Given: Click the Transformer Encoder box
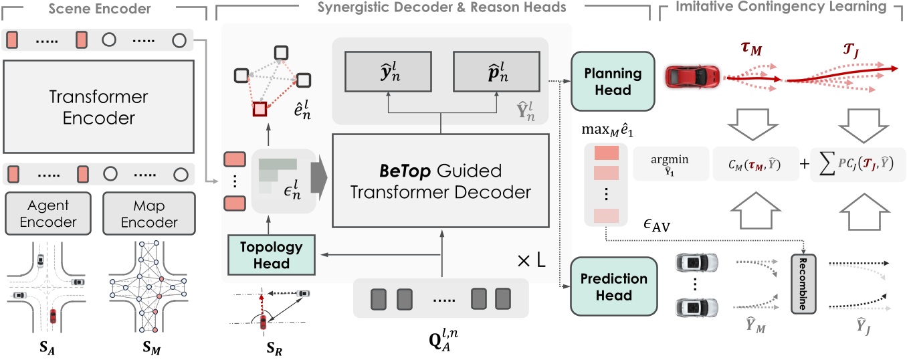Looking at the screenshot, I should pyautogui.click(x=99, y=106).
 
